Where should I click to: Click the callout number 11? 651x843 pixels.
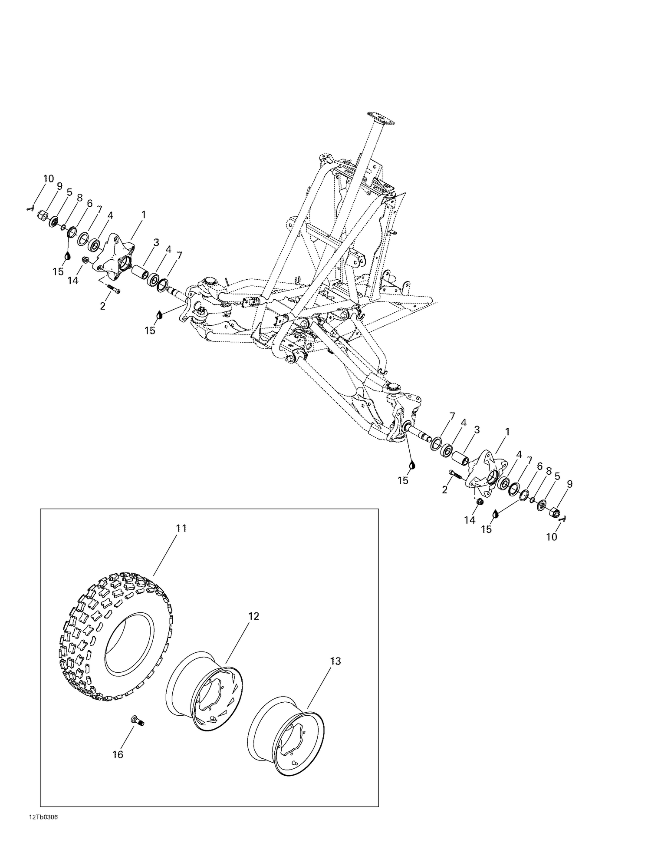click(x=181, y=528)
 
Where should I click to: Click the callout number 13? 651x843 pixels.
click(x=335, y=661)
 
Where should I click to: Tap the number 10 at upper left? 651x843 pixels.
click(x=48, y=179)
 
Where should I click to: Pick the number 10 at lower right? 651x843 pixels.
click(x=551, y=537)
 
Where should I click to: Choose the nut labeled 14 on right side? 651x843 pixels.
click(x=480, y=502)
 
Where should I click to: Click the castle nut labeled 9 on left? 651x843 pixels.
click(x=43, y=215)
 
